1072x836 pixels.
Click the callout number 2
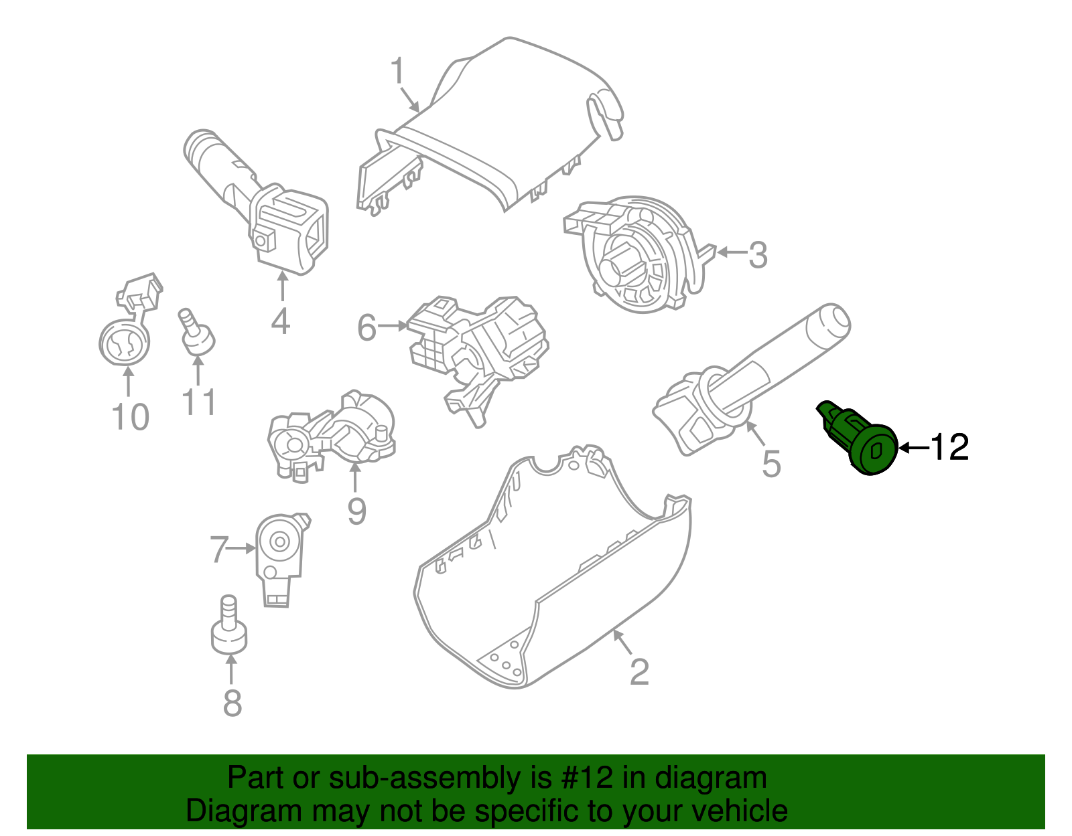tap(639, 671)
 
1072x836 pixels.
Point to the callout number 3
tap(757, 255)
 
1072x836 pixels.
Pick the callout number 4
tap(280, 321)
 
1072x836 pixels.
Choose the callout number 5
tap(771, 463)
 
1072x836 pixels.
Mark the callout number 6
tap(367, 328)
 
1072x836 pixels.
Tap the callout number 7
tap(220, 550)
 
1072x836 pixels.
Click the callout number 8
tap(232, 703)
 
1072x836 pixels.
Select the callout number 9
tap(356, 512)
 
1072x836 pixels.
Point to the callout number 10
tap(130, 417)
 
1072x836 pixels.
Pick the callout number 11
tap(198, 402)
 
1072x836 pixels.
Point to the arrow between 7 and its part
tap(242, 548)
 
